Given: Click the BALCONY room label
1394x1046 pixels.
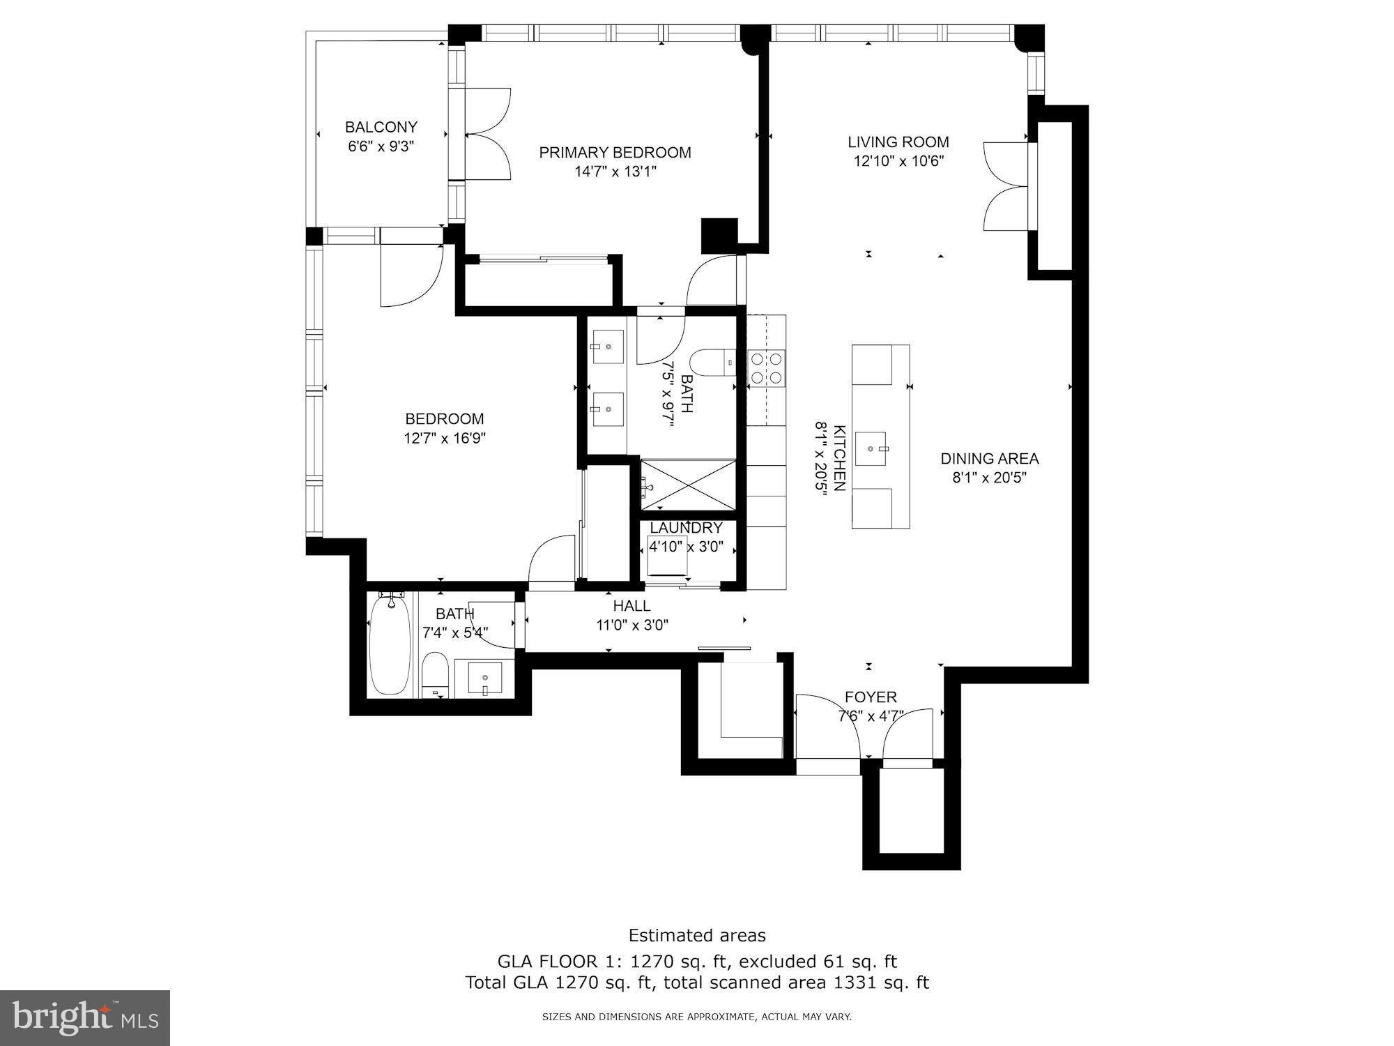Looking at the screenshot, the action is click(x=381, y=127).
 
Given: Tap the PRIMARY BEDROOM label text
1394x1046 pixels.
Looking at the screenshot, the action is click(x=615, y=153).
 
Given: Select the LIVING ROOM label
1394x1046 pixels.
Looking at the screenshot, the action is click(x=898, y=142).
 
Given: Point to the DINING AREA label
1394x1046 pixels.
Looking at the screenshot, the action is click(x=990, y=459).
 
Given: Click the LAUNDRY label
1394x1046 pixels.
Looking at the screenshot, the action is click(x=687, y=528).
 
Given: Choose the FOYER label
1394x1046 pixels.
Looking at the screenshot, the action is click(x=871, y=697).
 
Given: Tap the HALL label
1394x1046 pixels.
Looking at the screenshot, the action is click(x=632, y=606).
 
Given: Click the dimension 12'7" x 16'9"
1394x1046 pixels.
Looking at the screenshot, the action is click(x=445, y=439).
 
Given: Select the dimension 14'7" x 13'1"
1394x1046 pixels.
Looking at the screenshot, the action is click(x=615, y=172).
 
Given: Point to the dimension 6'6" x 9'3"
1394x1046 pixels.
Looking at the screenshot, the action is click(x=381, y=146).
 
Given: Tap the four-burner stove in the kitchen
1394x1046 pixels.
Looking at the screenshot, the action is click(x=766, y=368).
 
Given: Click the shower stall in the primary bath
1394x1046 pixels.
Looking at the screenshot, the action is click(x=688, y=484).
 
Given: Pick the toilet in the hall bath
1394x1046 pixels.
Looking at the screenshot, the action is click(x=435, y=675).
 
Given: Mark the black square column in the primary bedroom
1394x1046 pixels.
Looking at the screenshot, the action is click(x=719, y=236).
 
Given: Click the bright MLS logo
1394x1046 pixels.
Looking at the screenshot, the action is click(x=86, y=1018).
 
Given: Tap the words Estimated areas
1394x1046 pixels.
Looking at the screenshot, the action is click(x=697, y=935).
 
